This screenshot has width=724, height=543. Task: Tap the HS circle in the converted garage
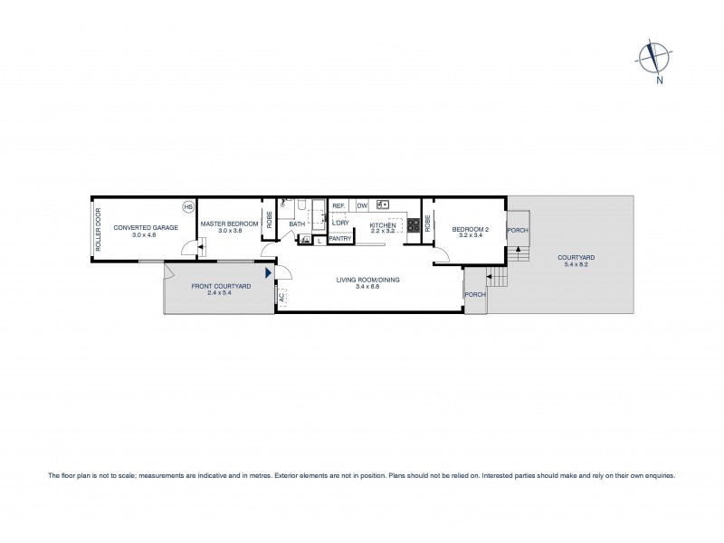[x=188, y=207]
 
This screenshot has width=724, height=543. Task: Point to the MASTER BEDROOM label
[x=230, y=224]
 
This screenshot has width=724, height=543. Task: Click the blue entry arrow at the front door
[x=268, y=271]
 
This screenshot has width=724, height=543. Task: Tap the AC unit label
[x=281, y=296]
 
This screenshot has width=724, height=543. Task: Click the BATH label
[x=297, y=224]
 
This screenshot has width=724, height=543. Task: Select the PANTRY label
[x=340, y=239]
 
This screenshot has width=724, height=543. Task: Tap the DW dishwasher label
[x=362, y=206]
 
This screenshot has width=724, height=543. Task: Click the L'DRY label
[x=340, y=223]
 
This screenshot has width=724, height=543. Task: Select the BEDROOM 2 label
[x=471, y=229]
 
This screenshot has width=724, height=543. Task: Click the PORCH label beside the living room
[x=474, y=295]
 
